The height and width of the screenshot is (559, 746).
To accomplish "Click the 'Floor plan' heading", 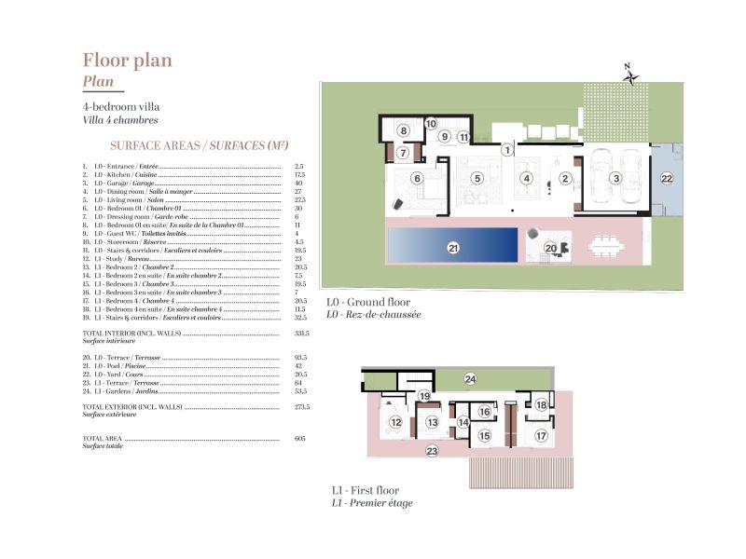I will pos(127,61).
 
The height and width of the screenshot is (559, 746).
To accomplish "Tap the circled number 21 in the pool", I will pos(454,248).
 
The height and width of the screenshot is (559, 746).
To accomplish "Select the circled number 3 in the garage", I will pos(615,178).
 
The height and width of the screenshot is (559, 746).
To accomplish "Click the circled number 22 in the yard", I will pos(666,178).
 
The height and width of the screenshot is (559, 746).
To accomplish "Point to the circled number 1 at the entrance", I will pos(506,149).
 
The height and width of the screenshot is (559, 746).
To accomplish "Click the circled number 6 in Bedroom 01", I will pos(417,178).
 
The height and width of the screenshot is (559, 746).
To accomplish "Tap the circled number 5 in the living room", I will pos(477,178).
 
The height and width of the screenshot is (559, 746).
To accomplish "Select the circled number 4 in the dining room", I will pos(526,178).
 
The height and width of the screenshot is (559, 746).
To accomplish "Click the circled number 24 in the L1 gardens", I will pos(470,378).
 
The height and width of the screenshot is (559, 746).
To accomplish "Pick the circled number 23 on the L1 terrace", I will pos(432,451).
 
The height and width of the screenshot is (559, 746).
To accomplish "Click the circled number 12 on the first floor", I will pos(395,422).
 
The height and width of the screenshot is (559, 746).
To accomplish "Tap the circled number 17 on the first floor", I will pos(541,434).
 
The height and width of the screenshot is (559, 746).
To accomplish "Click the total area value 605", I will pos(299,438).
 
